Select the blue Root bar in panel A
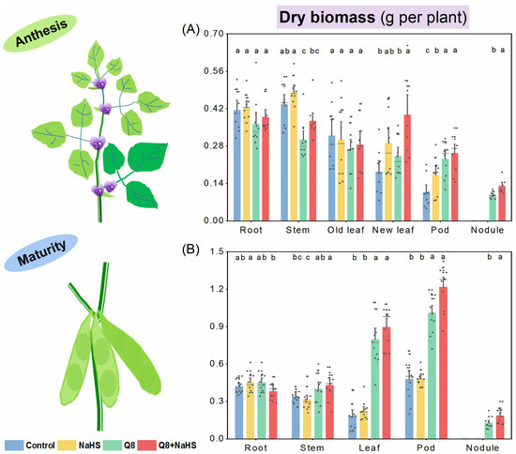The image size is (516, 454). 237,165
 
